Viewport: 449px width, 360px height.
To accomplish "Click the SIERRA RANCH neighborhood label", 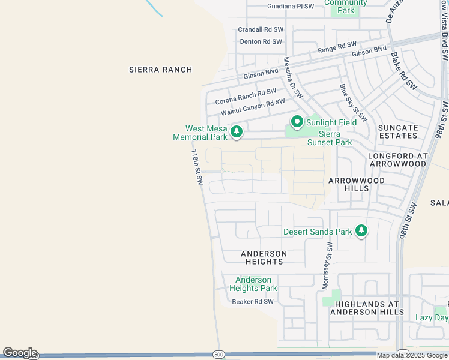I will [160, 70].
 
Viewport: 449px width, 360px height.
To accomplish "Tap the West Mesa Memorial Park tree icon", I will [237, 131].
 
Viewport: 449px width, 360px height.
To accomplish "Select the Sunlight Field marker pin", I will [297, 122].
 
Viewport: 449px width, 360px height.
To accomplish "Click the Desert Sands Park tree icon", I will [361, 230].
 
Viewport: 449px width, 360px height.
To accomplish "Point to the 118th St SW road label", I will [196, 167].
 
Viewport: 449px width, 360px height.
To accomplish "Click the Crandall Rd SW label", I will [260, 29].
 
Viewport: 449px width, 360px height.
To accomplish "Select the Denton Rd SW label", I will [261, 42].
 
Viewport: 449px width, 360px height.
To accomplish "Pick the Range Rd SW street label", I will [337, 47].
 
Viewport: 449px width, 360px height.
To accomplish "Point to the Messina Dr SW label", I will [293, 78].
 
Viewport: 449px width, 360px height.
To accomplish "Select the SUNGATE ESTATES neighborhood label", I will [398, 131].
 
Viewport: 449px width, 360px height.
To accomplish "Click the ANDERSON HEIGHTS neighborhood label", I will [264, 257].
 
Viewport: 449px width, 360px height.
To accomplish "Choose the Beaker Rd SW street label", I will [253, 302].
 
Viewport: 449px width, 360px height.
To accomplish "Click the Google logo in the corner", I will [19, 353].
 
